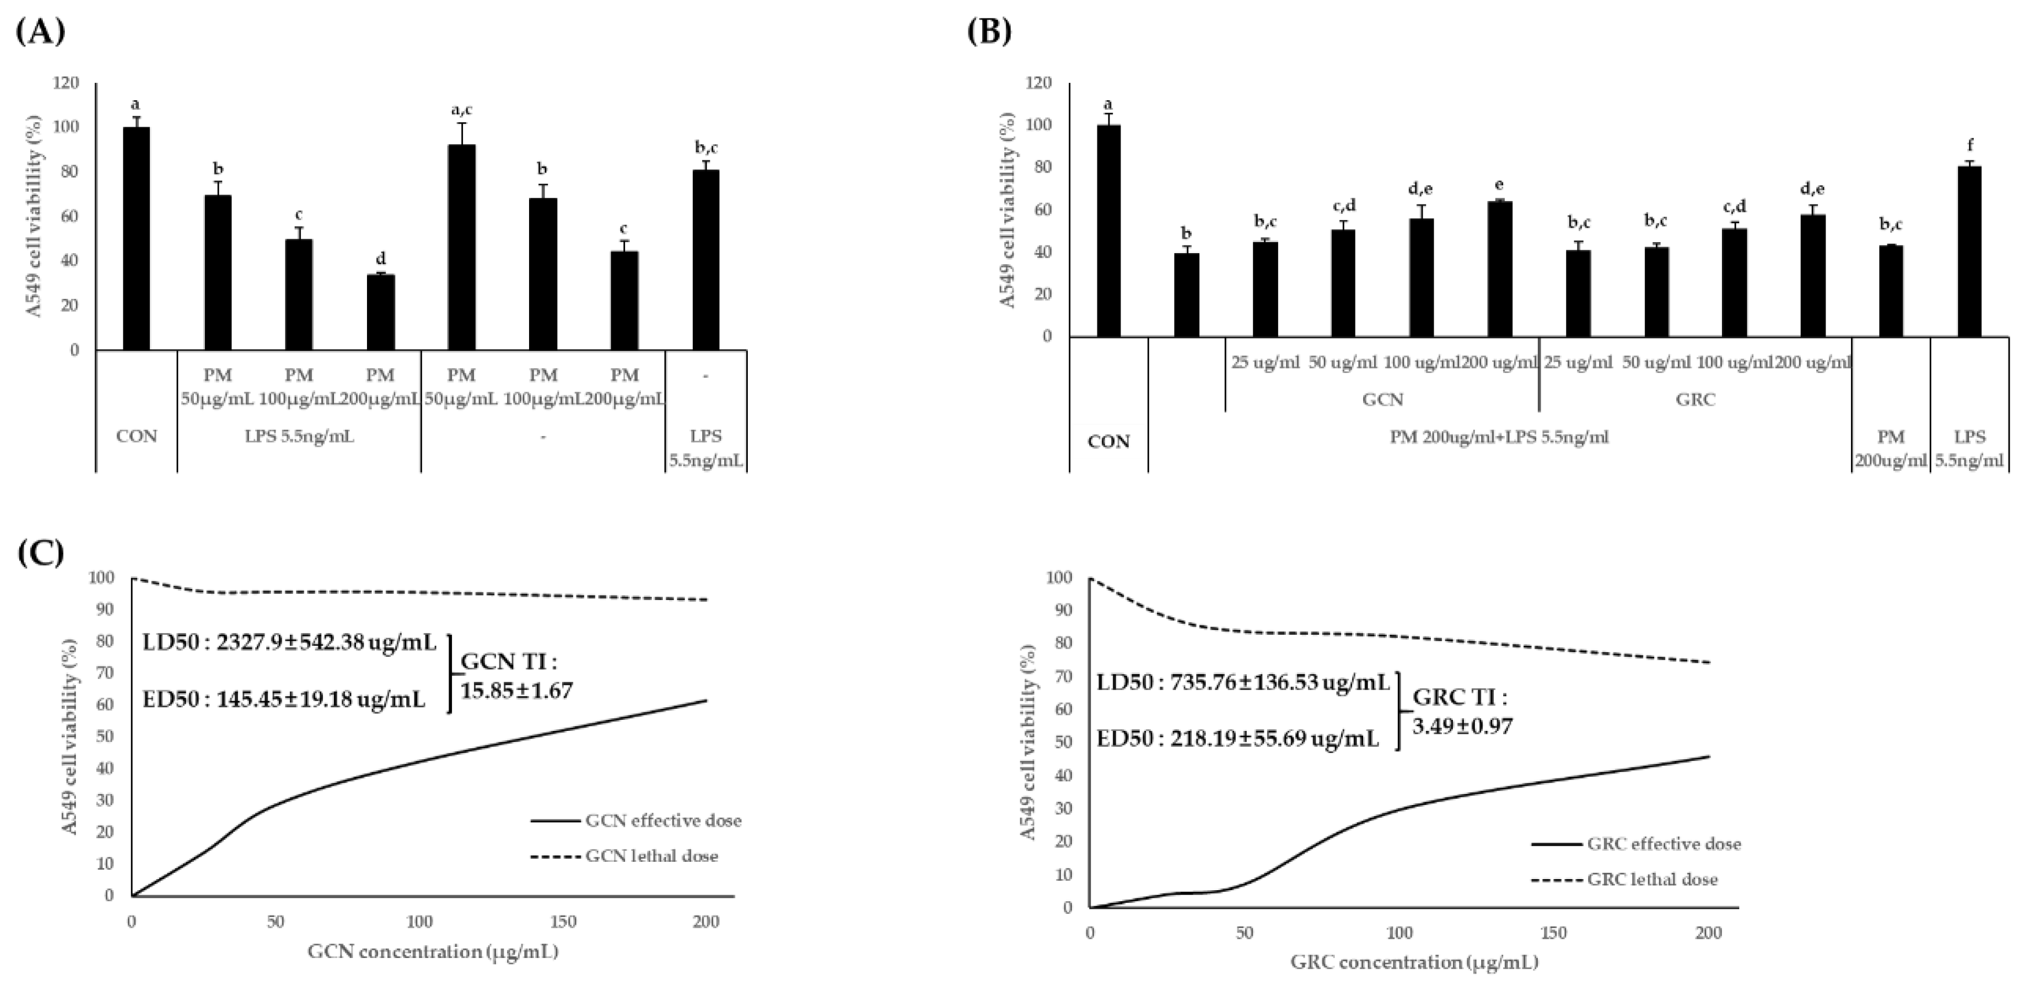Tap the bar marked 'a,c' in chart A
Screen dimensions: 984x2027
pos(461,247)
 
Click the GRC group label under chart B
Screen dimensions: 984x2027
pos(1695,399)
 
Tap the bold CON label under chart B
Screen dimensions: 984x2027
pos(1108,442)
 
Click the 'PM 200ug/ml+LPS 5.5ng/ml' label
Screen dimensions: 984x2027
pos(1499,437)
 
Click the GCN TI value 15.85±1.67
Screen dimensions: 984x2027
pos(516,691)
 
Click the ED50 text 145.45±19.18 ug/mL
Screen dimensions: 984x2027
pos(284,699)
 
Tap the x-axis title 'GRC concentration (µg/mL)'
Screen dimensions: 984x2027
pos(1413,962)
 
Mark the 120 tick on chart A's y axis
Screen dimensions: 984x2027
pos(68,83)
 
